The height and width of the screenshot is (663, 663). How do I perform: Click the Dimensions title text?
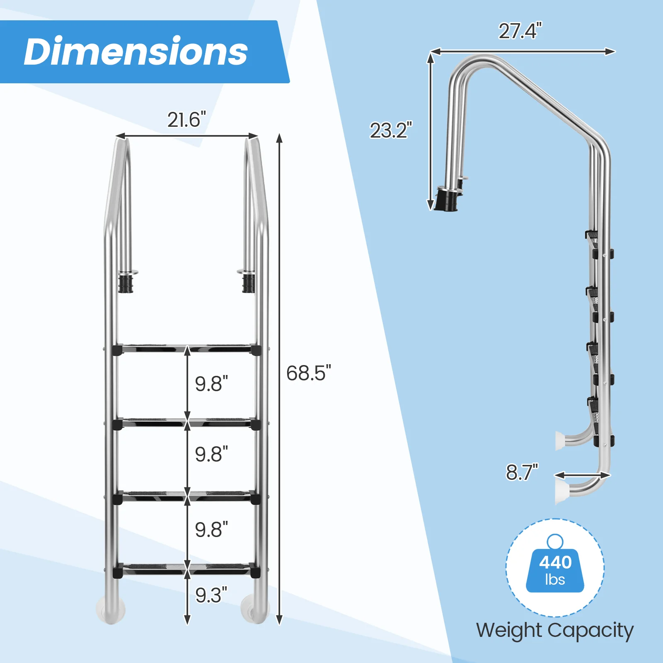click(136, 51)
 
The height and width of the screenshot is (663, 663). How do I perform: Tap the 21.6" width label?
click(186, 120)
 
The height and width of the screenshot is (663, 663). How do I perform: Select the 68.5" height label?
click(308, 373)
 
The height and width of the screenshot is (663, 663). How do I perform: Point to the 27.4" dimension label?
click(520, 31)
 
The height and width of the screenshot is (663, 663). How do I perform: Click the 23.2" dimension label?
click(390, 131)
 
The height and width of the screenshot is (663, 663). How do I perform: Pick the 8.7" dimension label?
click(521, 472)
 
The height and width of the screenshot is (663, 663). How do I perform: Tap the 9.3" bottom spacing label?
click(211, 595)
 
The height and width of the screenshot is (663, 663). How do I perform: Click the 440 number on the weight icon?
click(555, 562)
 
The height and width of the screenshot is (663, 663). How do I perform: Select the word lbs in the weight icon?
click(555, 579)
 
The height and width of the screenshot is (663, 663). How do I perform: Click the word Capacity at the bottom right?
click(591, 631)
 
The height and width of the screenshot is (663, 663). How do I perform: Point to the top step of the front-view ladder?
click(186, 349)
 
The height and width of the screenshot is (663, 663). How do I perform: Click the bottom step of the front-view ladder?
click(186, 569)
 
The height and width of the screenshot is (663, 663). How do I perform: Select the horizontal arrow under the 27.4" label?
click(522, 51)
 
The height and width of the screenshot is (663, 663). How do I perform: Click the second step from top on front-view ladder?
click(186, 423)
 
